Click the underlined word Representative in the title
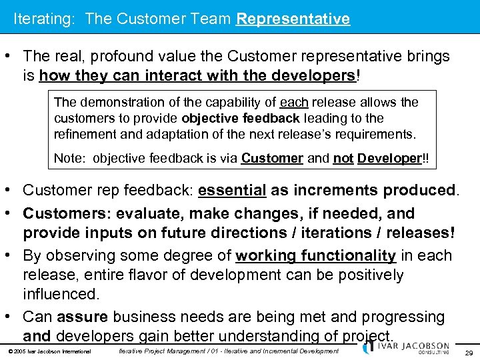[x=293, y=19]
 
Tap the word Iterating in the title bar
[x=44, y=19]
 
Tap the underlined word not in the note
[x=343, y=159]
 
